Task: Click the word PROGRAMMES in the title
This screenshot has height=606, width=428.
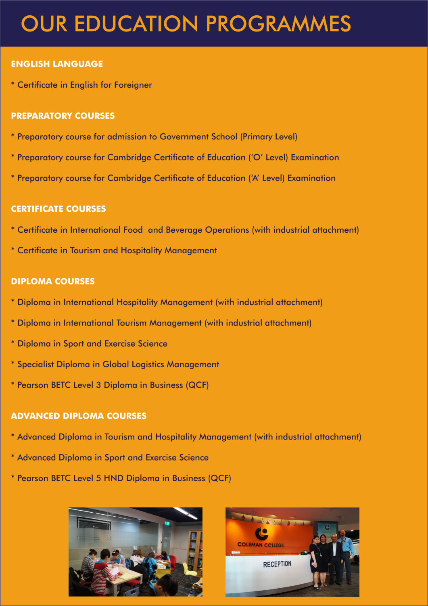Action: click(278, 24)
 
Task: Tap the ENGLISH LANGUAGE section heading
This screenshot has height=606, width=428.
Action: click(57, 64)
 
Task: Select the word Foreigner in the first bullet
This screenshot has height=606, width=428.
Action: click(133, 85)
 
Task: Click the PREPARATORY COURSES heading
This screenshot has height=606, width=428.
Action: click(63, 116)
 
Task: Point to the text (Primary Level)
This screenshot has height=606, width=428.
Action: click(269, 137)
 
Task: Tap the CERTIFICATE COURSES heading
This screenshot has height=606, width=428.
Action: click(58, 209)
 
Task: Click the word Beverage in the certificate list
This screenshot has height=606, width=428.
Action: click(184, 230)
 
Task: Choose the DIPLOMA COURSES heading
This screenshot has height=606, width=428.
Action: click(53, 281)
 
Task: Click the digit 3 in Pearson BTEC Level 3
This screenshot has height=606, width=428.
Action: click(98, 385)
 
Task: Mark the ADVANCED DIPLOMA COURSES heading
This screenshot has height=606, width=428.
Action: click(79, 416)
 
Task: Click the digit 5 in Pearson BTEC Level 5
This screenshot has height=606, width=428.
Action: click(98, 478)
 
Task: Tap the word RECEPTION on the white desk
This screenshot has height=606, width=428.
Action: click(277, 564)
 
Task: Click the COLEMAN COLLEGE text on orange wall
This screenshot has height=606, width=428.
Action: click(261, 545)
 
